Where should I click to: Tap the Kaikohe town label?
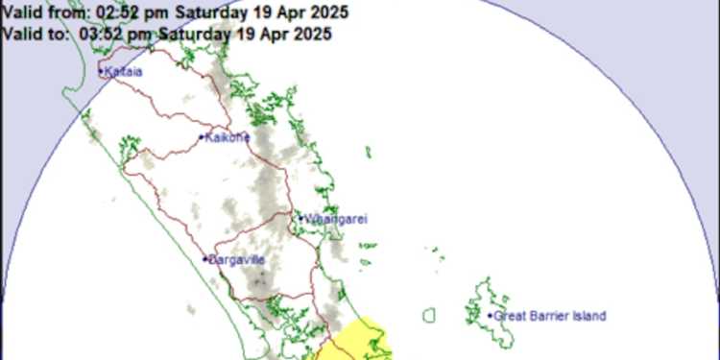(228, 137)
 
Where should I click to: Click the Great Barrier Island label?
(551, 316)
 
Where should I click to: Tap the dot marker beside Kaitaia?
(101, 71)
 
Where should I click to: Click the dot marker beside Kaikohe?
(202, 137)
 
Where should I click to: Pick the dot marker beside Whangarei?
(300, 219)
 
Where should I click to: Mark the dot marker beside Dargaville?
(205, 259)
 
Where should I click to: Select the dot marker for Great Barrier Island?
(491, 315)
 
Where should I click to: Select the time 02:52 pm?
(123, 13)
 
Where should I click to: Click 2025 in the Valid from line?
(327, 13)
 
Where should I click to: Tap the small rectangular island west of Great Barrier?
(429, 314)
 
